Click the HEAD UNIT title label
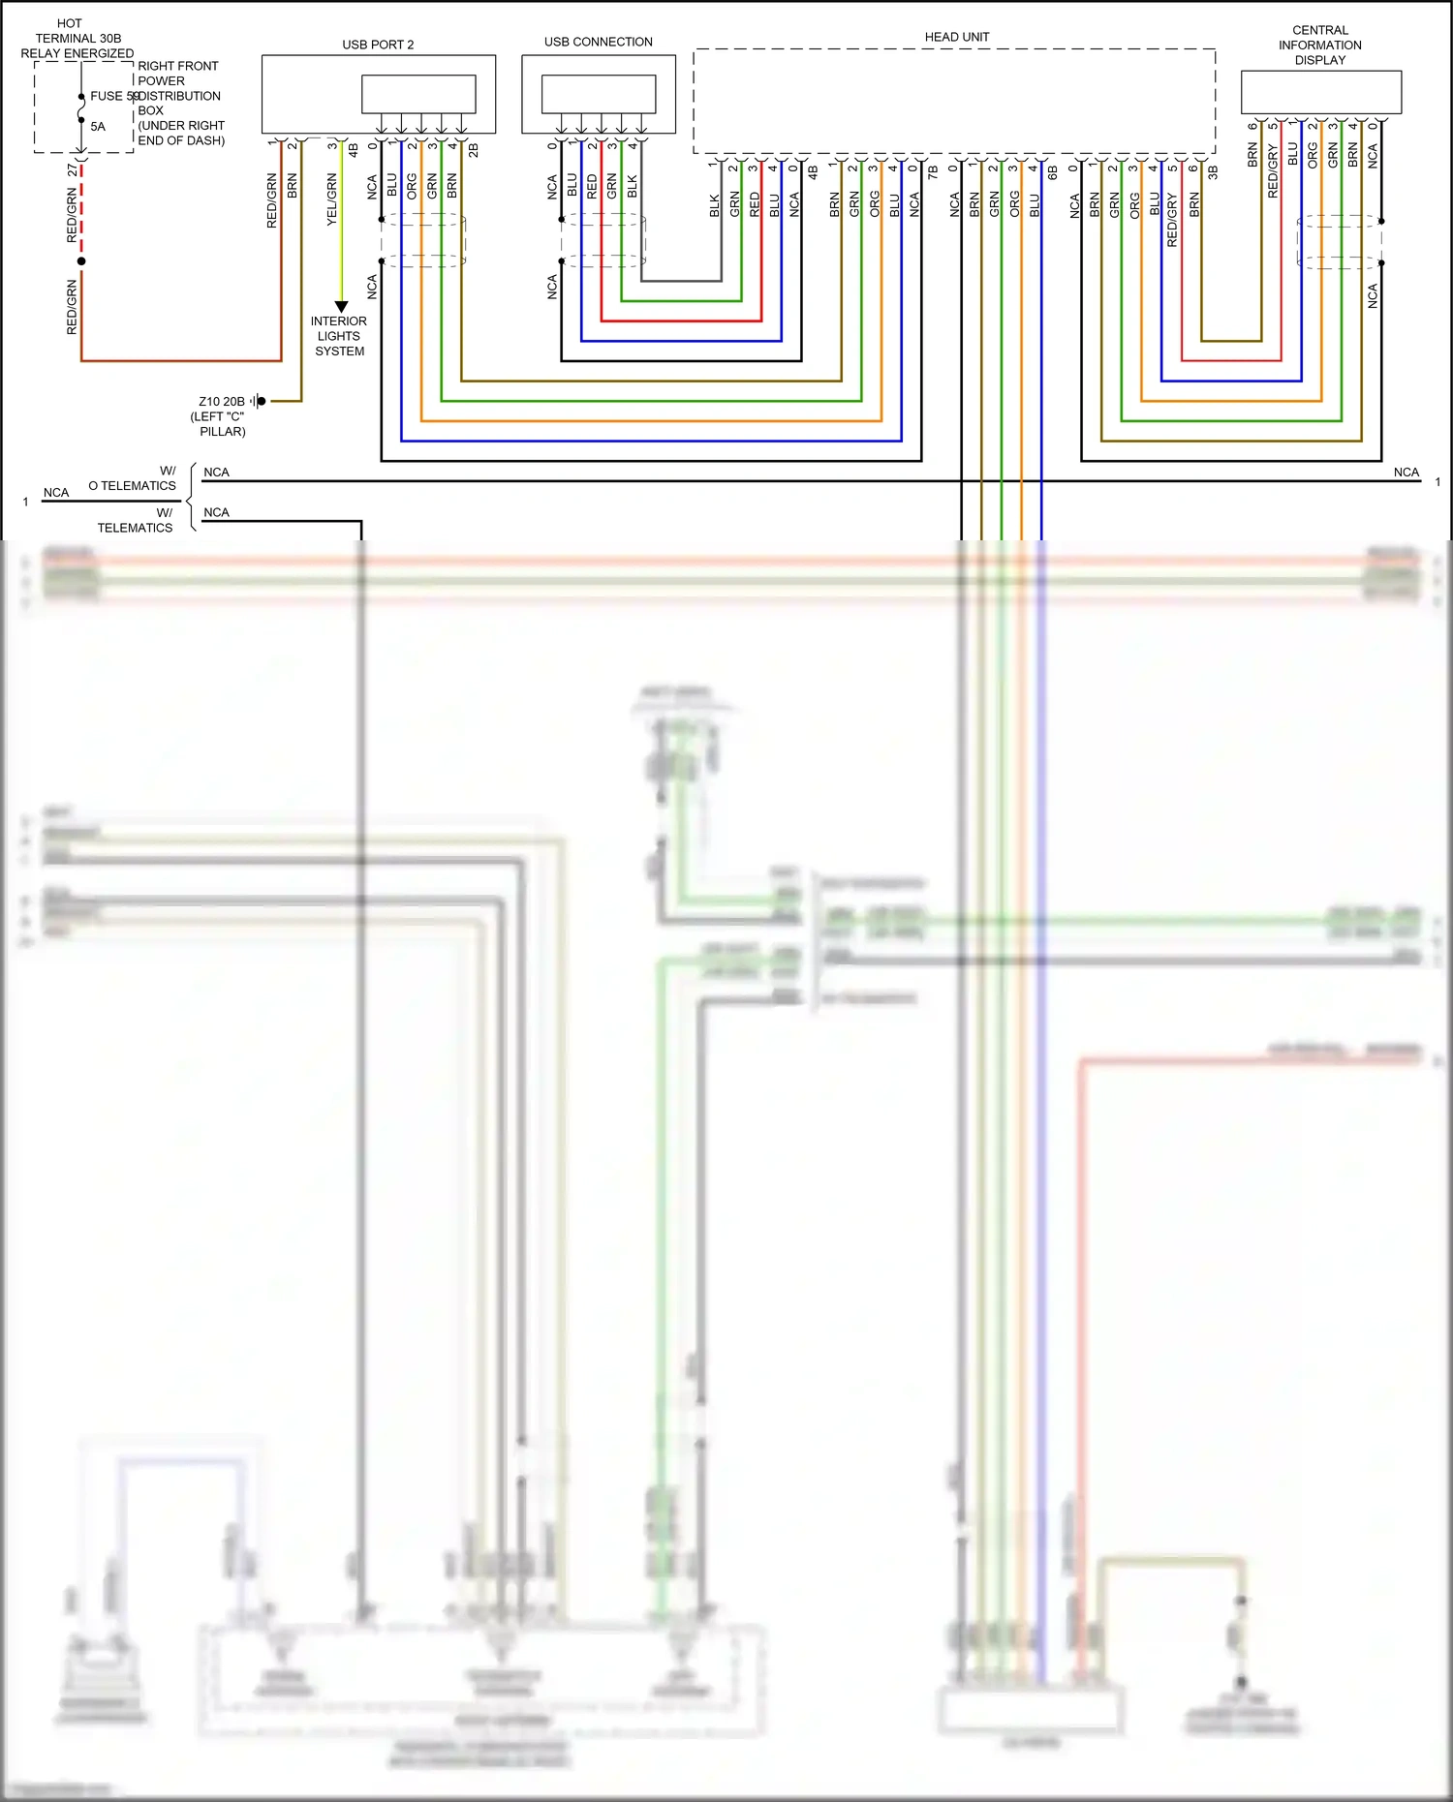pos(956,37)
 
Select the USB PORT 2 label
pos(378,45)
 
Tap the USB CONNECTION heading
pos(598,42)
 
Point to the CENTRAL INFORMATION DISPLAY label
pos(1319,46)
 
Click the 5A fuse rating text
pos(98,127)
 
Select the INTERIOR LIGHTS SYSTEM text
pos(339,336)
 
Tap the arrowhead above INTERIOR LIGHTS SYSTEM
pos(341,307)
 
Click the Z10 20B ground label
pos(222,401)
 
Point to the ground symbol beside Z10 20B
pos(259,401)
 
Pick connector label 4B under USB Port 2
pos(354,150)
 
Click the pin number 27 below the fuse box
pos(73,169)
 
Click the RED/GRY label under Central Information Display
pos(1272,172)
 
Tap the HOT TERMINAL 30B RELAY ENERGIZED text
pos(77,39)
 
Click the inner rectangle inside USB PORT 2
pos(418,95)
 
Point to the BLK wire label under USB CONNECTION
pos(633,186)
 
